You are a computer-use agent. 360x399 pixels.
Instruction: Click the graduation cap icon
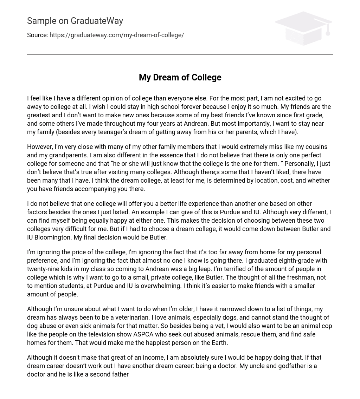303,28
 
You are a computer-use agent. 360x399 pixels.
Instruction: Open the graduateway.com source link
117,35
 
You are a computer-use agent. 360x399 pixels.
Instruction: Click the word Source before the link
37,35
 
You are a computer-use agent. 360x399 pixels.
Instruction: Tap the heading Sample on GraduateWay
75,21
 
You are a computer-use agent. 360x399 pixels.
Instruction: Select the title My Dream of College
180,77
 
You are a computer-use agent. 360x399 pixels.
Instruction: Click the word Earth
218,343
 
